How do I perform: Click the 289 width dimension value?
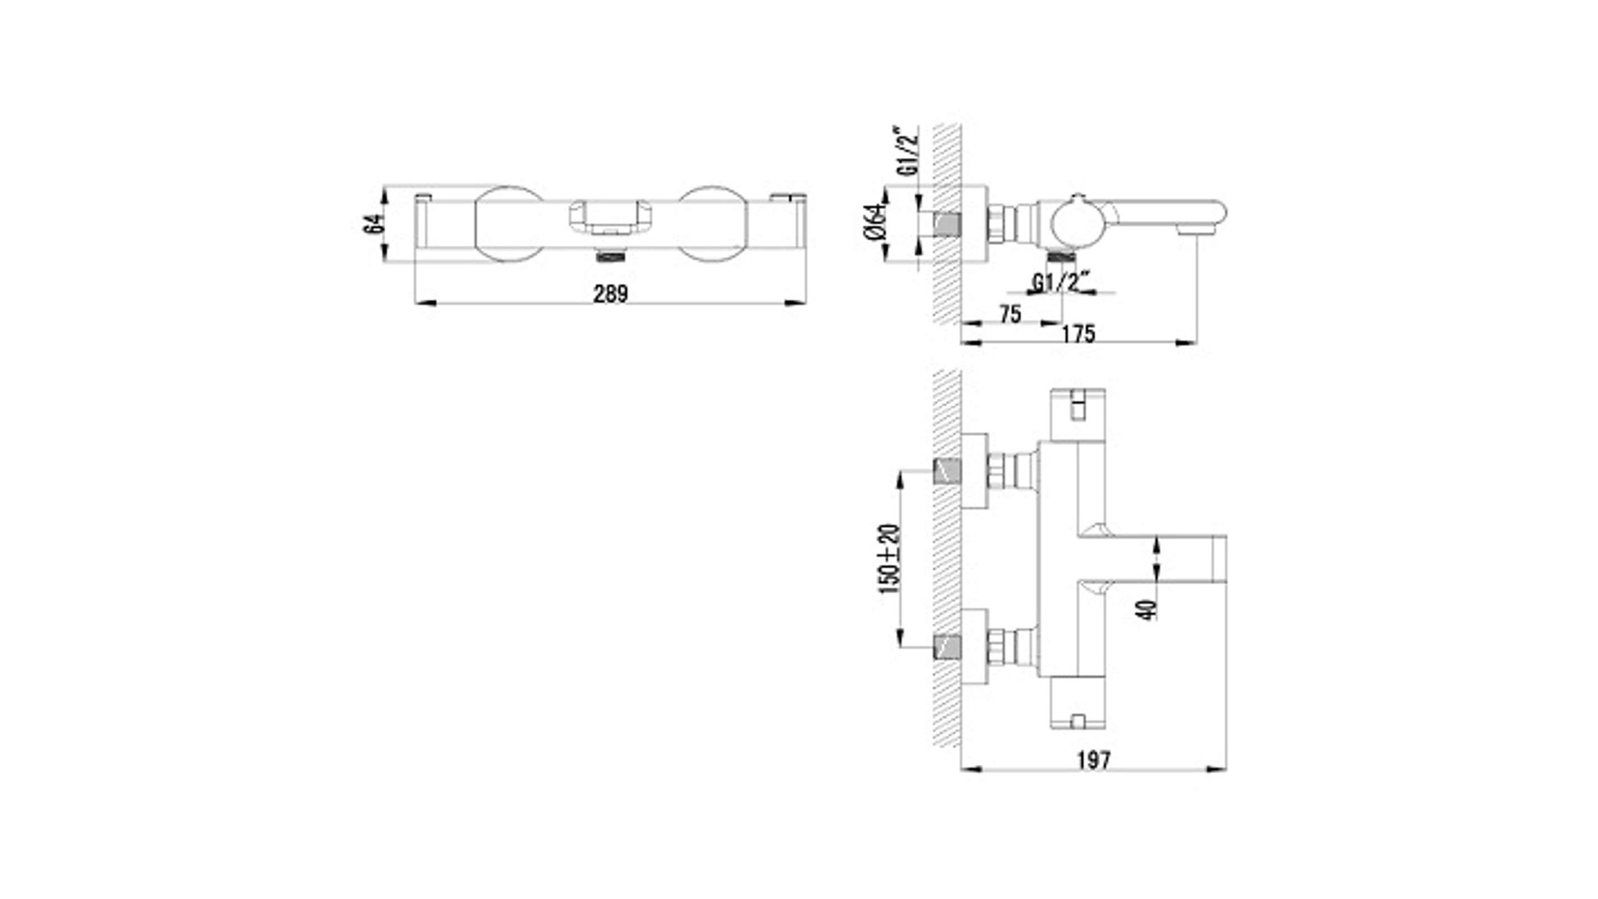(x=611, y=293)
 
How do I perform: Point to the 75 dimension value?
(x=1010, y=314)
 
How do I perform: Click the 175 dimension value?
(x=1079, y=334)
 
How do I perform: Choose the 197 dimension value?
(x=1094, y=759)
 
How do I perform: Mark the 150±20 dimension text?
(x=889, y=559)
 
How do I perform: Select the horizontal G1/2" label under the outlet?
(x=1060, y=282)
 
